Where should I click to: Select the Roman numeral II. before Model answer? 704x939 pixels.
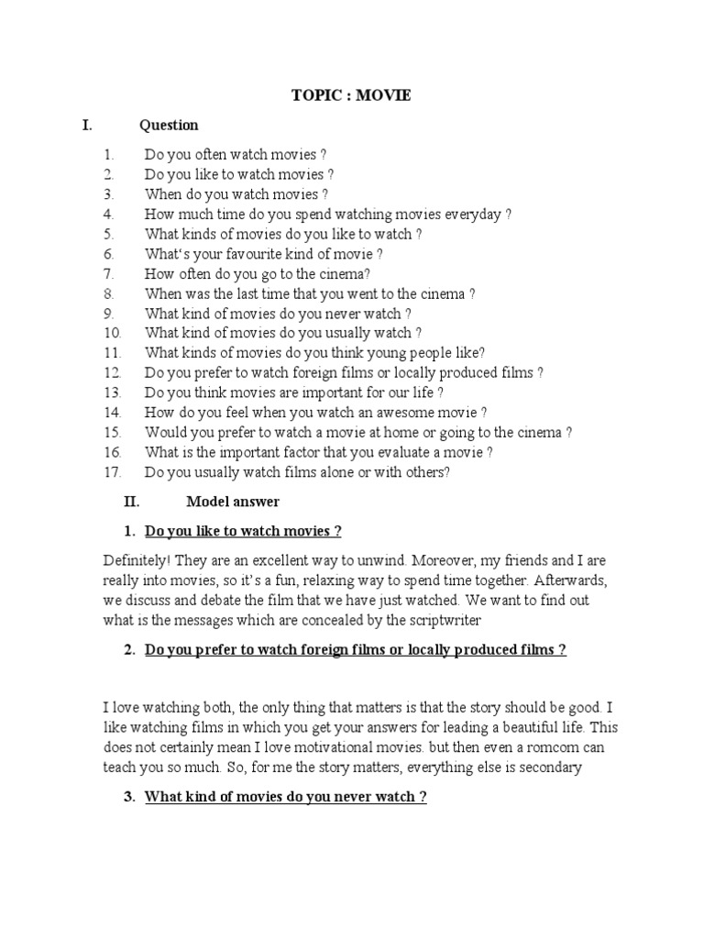[x=130, y=502]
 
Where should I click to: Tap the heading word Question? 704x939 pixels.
[x=169, y=125]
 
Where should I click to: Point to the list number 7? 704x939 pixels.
[x=108, y=274]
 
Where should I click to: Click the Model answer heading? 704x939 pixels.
[x=233, y=502]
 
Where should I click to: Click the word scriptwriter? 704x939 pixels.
[x=439, y=621]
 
